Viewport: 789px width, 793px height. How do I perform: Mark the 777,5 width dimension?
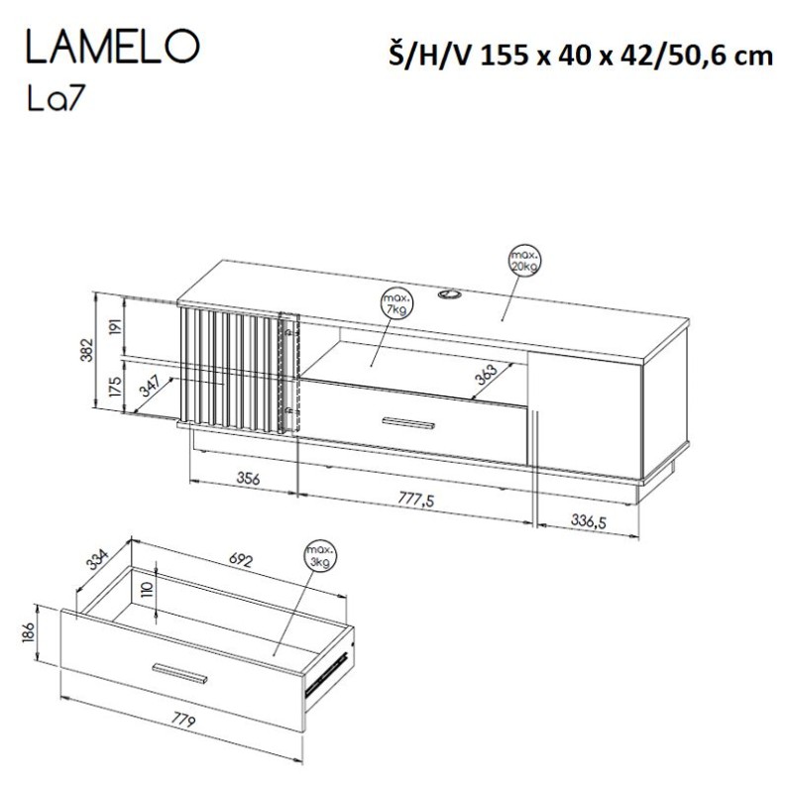(415, 500)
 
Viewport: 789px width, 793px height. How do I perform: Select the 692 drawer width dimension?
(243, 561)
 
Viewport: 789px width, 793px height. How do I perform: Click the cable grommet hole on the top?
(453, 293)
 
